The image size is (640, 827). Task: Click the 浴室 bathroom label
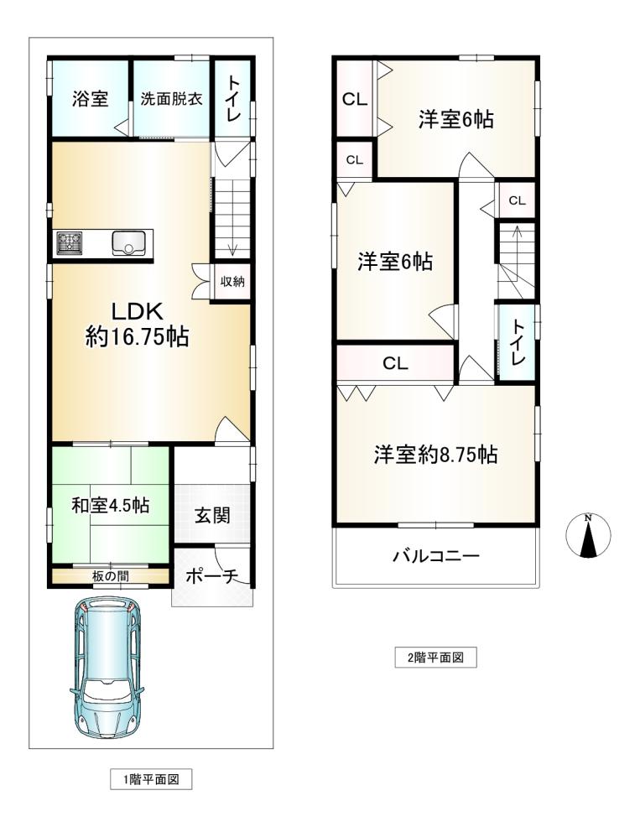(x=91, y=99)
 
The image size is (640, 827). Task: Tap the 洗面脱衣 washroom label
(x=171, y=99)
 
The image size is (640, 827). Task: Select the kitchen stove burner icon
(x=70, y=244)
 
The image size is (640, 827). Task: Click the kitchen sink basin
(x=128, y=244)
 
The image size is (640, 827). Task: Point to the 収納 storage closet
(x=232, y=282)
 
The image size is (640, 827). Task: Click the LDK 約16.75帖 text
(x=138, y=324)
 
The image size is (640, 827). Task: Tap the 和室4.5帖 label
(x=111, y=505)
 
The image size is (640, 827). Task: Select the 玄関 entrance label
(x=212, y=514)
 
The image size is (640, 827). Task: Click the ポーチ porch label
(x=212, y=576)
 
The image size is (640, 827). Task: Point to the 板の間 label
(x=110, y=575)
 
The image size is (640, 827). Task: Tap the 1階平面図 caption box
(x=151, y=779)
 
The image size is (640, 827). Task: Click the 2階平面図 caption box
(x=436, y=658)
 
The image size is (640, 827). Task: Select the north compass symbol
(x=588, y=535)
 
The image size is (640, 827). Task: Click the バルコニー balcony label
(x=436, y=555)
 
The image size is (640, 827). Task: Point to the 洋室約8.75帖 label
(x=436, y=454)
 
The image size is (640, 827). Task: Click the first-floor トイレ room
(x=232, y=99)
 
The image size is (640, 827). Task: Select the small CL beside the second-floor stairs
(x=517, y=200)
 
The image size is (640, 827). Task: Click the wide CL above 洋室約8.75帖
(x=395, y=363)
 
